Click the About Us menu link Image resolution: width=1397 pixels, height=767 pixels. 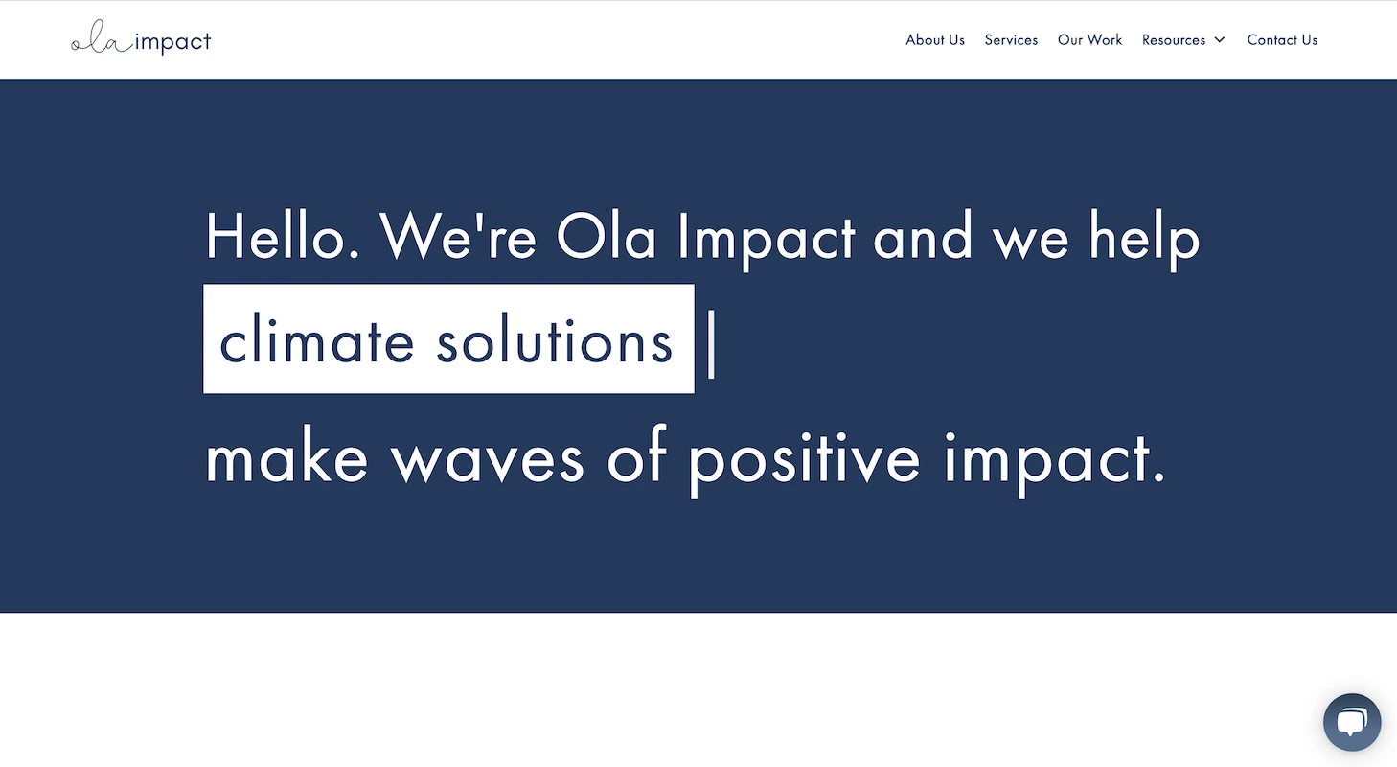(935, 40)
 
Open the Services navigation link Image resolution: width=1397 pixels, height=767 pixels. (1011, 40)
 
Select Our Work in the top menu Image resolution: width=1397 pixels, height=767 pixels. (1089, 40)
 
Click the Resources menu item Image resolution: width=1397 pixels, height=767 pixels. (1173, 40)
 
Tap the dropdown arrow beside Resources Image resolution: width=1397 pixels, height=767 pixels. (1220, 40)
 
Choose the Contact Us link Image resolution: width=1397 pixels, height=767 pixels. (1282, 40)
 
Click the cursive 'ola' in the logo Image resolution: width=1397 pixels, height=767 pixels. (102, 43)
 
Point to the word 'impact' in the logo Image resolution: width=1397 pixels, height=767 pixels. (173, 43)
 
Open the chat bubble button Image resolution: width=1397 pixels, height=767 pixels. (1351, 722)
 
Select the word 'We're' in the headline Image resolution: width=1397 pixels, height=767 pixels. (457, 237)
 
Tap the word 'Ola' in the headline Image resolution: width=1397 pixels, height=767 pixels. (606, 237)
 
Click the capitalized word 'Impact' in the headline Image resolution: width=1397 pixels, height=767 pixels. (766, 237)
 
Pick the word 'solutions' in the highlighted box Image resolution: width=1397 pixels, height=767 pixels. (555, 341)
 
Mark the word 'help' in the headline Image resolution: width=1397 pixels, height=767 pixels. (1144, 237)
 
